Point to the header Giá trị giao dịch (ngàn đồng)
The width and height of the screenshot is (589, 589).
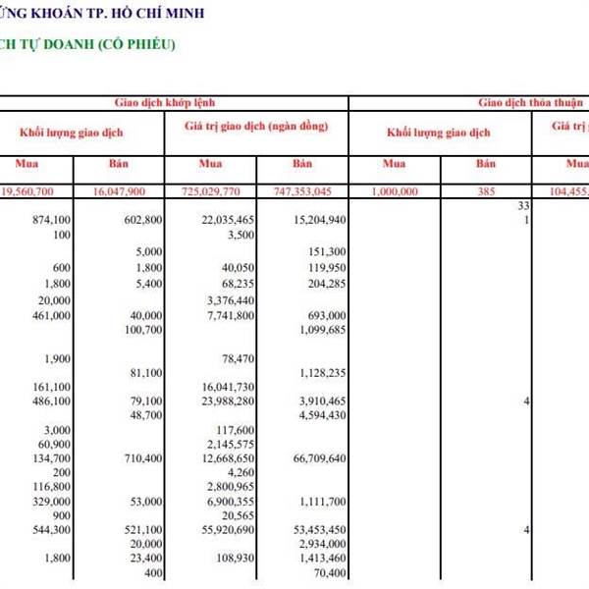[x=256, y=128]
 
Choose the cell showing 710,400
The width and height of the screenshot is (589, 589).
[x=139, y=458]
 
